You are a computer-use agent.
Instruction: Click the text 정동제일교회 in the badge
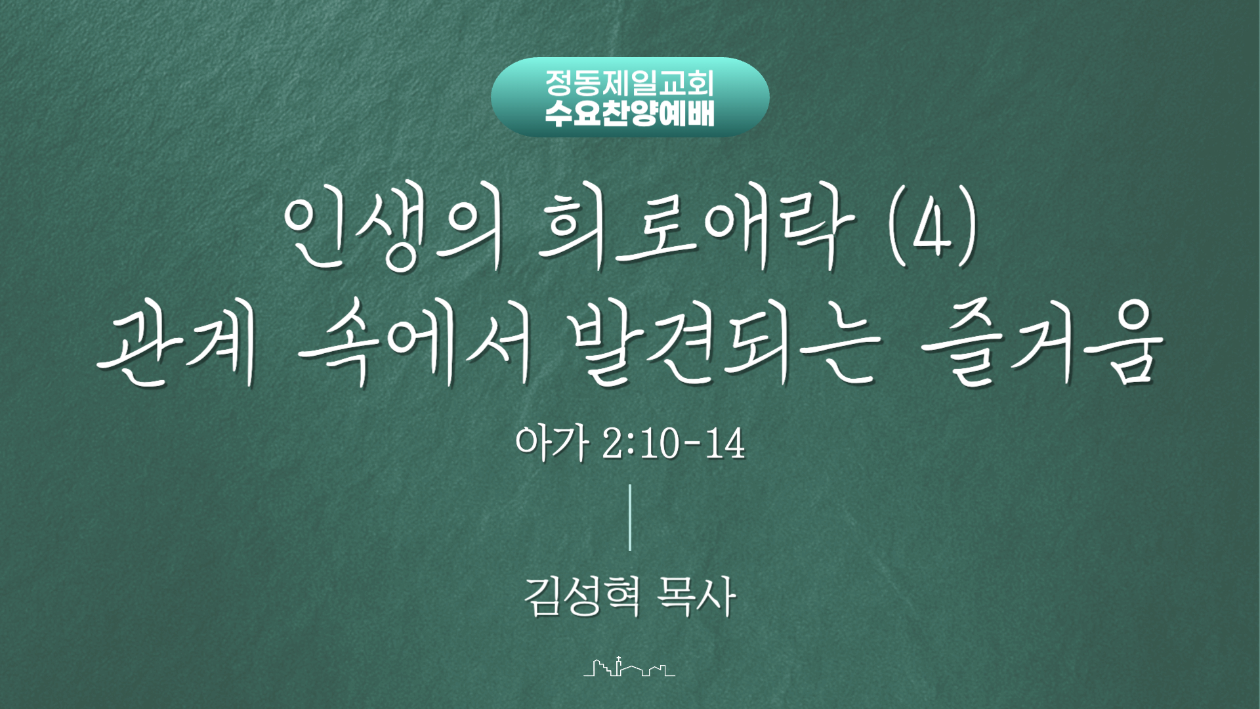click(630, 83)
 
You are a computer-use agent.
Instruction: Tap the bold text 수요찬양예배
click(630, 113)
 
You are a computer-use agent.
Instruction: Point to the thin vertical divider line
click(630, 517)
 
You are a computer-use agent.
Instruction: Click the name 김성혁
click(581, 596)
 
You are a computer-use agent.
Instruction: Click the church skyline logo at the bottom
click(629, 666)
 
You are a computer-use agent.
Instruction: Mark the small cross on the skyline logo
click(618, 659)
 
